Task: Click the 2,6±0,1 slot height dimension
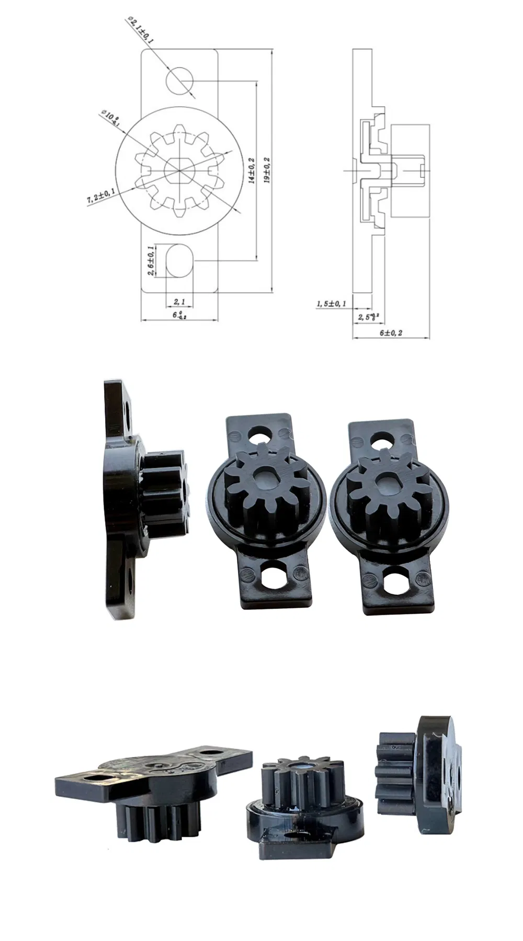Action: (151, 260)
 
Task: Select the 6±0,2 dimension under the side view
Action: (391, 333)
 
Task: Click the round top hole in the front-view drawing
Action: (180, 81)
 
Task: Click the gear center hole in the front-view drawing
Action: (179, 169)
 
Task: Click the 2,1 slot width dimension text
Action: (179, 302)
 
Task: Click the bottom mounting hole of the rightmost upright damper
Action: (396, 580)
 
